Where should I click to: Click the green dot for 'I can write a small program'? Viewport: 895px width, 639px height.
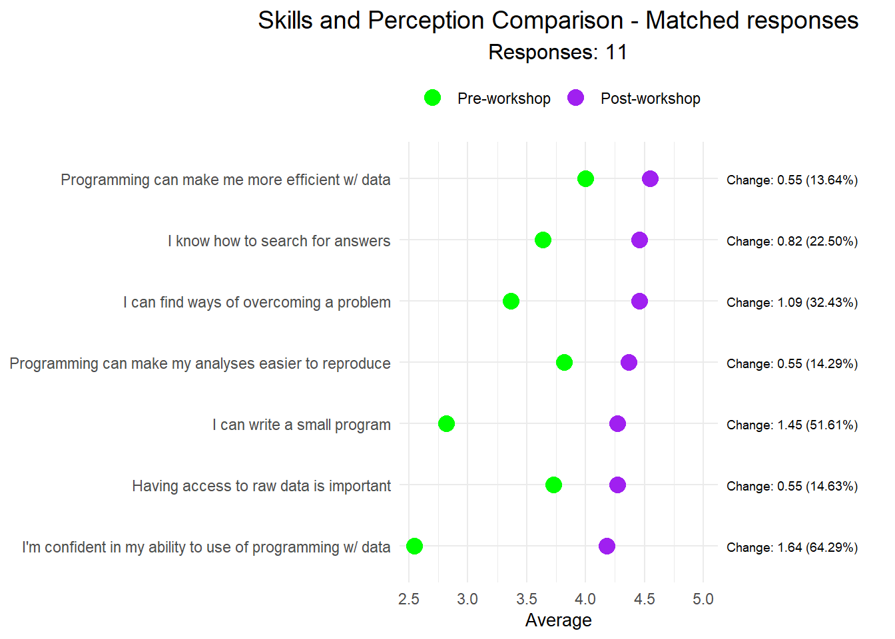pos(446,423)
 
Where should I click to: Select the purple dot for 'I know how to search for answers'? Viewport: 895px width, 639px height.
pos(639,240)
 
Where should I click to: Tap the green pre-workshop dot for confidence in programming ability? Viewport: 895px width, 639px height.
pos(414,546)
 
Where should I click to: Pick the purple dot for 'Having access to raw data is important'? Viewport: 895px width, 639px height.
pos(617,485)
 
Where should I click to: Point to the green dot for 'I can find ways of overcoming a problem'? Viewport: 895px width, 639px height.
pos(511,301)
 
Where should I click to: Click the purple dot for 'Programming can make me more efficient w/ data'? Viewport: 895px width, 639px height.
pos(650,178)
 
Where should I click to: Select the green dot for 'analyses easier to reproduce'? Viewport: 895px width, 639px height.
pos(564,362)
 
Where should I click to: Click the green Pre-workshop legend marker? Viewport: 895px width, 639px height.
pos(432,98)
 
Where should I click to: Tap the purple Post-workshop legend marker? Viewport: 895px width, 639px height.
pos(575,98)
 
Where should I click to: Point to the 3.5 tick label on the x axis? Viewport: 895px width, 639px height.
pos(526,599)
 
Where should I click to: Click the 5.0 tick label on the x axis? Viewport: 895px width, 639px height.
pos(703,599)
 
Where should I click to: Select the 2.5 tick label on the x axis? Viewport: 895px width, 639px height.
pos(408,599)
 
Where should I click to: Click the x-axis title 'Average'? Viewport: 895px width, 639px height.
pos(558,620)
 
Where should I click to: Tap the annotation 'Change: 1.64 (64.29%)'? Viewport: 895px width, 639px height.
pos(792,547)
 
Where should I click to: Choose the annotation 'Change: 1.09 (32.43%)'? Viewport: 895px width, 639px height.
pos(792,302)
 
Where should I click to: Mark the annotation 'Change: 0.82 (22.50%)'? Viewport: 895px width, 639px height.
pos(792,241)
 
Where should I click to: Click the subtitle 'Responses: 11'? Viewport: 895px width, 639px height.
pos(558,52)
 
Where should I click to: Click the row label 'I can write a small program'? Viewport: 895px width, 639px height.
pos(301,425)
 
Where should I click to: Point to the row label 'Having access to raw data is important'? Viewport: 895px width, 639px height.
pos(261,486)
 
